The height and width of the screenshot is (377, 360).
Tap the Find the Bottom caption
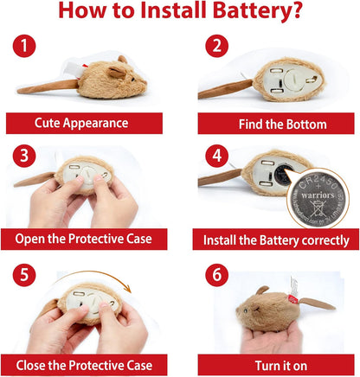click(276, 124)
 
